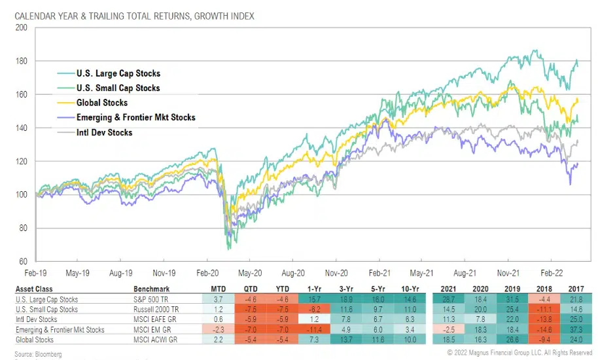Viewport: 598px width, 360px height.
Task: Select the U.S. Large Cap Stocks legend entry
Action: pyautogui.click(x=118, y=73)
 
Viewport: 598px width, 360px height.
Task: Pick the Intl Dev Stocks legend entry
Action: pyautogui.click(x=104, y=132)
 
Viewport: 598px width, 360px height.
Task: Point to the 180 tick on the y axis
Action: pyautogui.click(x=22, y=61)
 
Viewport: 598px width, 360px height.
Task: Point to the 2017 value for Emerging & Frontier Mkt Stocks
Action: pyautogui.click(x=576, y=329)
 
